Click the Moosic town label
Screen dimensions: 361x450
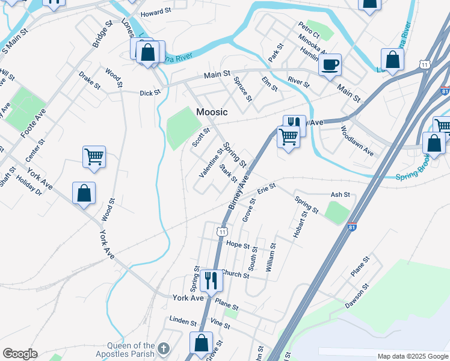tap(212, 112)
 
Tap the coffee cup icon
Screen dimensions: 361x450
tap(330, 64)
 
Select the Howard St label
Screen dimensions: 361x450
tap(156, 14)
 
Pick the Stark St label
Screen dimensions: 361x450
tap(229, 174)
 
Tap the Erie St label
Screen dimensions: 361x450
tap(266, 188)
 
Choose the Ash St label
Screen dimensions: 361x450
tap(341, 195)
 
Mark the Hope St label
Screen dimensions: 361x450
tap(238, 245)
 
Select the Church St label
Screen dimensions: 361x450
tap(235, 274)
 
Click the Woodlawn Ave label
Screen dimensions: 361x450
tap(357, 141)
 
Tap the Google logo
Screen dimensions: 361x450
tap(20, 354)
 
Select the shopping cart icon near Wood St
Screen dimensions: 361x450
tap(94, 157)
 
